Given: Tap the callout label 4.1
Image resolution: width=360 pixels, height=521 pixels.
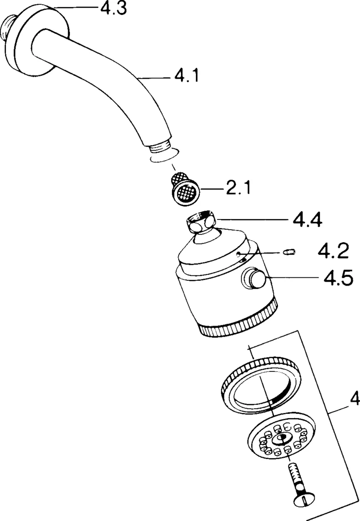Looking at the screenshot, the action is (x=186, y=76).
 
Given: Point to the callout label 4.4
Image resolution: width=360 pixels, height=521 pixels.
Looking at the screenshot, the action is (x=306, y=219).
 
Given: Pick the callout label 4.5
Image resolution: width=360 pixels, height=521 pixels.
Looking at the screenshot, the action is (x=333, y=279).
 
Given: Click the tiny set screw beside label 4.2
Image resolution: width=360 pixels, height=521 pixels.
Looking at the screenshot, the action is (x=289, y=251).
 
